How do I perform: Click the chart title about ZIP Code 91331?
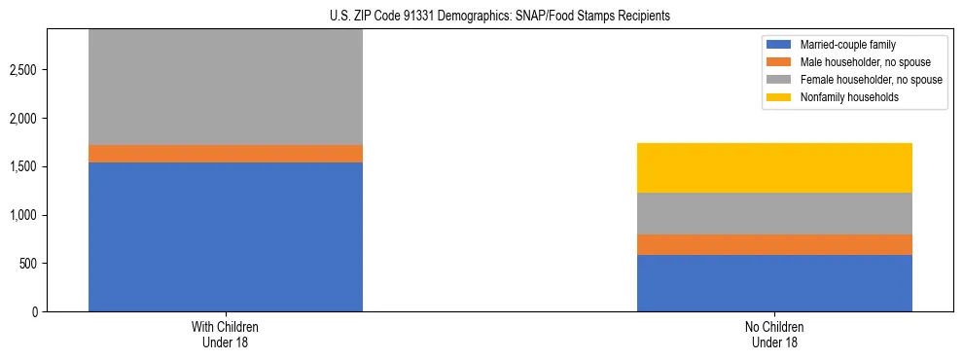click(x=481, y=17)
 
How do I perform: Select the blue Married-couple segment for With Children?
click(x=226, y=236)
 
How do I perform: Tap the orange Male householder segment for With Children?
click(x=226, y=154)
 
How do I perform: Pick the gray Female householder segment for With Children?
click(x=226, y=88)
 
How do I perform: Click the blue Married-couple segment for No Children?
click(x=774, y=283)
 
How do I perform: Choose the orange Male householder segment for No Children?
click(x=774, y=244)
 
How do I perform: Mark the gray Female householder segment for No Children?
click(x=774, y=213)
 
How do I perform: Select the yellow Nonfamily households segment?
click(x=774, y=167)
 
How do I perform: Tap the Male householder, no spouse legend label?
click(x=865, y=62)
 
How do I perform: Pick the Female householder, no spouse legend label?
click(x=871, y=80)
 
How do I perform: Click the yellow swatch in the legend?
click(x=779, y=97)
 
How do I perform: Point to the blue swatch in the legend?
click(x=779, y=45)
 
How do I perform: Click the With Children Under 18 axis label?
click(x=226, y=334)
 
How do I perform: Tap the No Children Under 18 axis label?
click(x=774, y=334)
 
